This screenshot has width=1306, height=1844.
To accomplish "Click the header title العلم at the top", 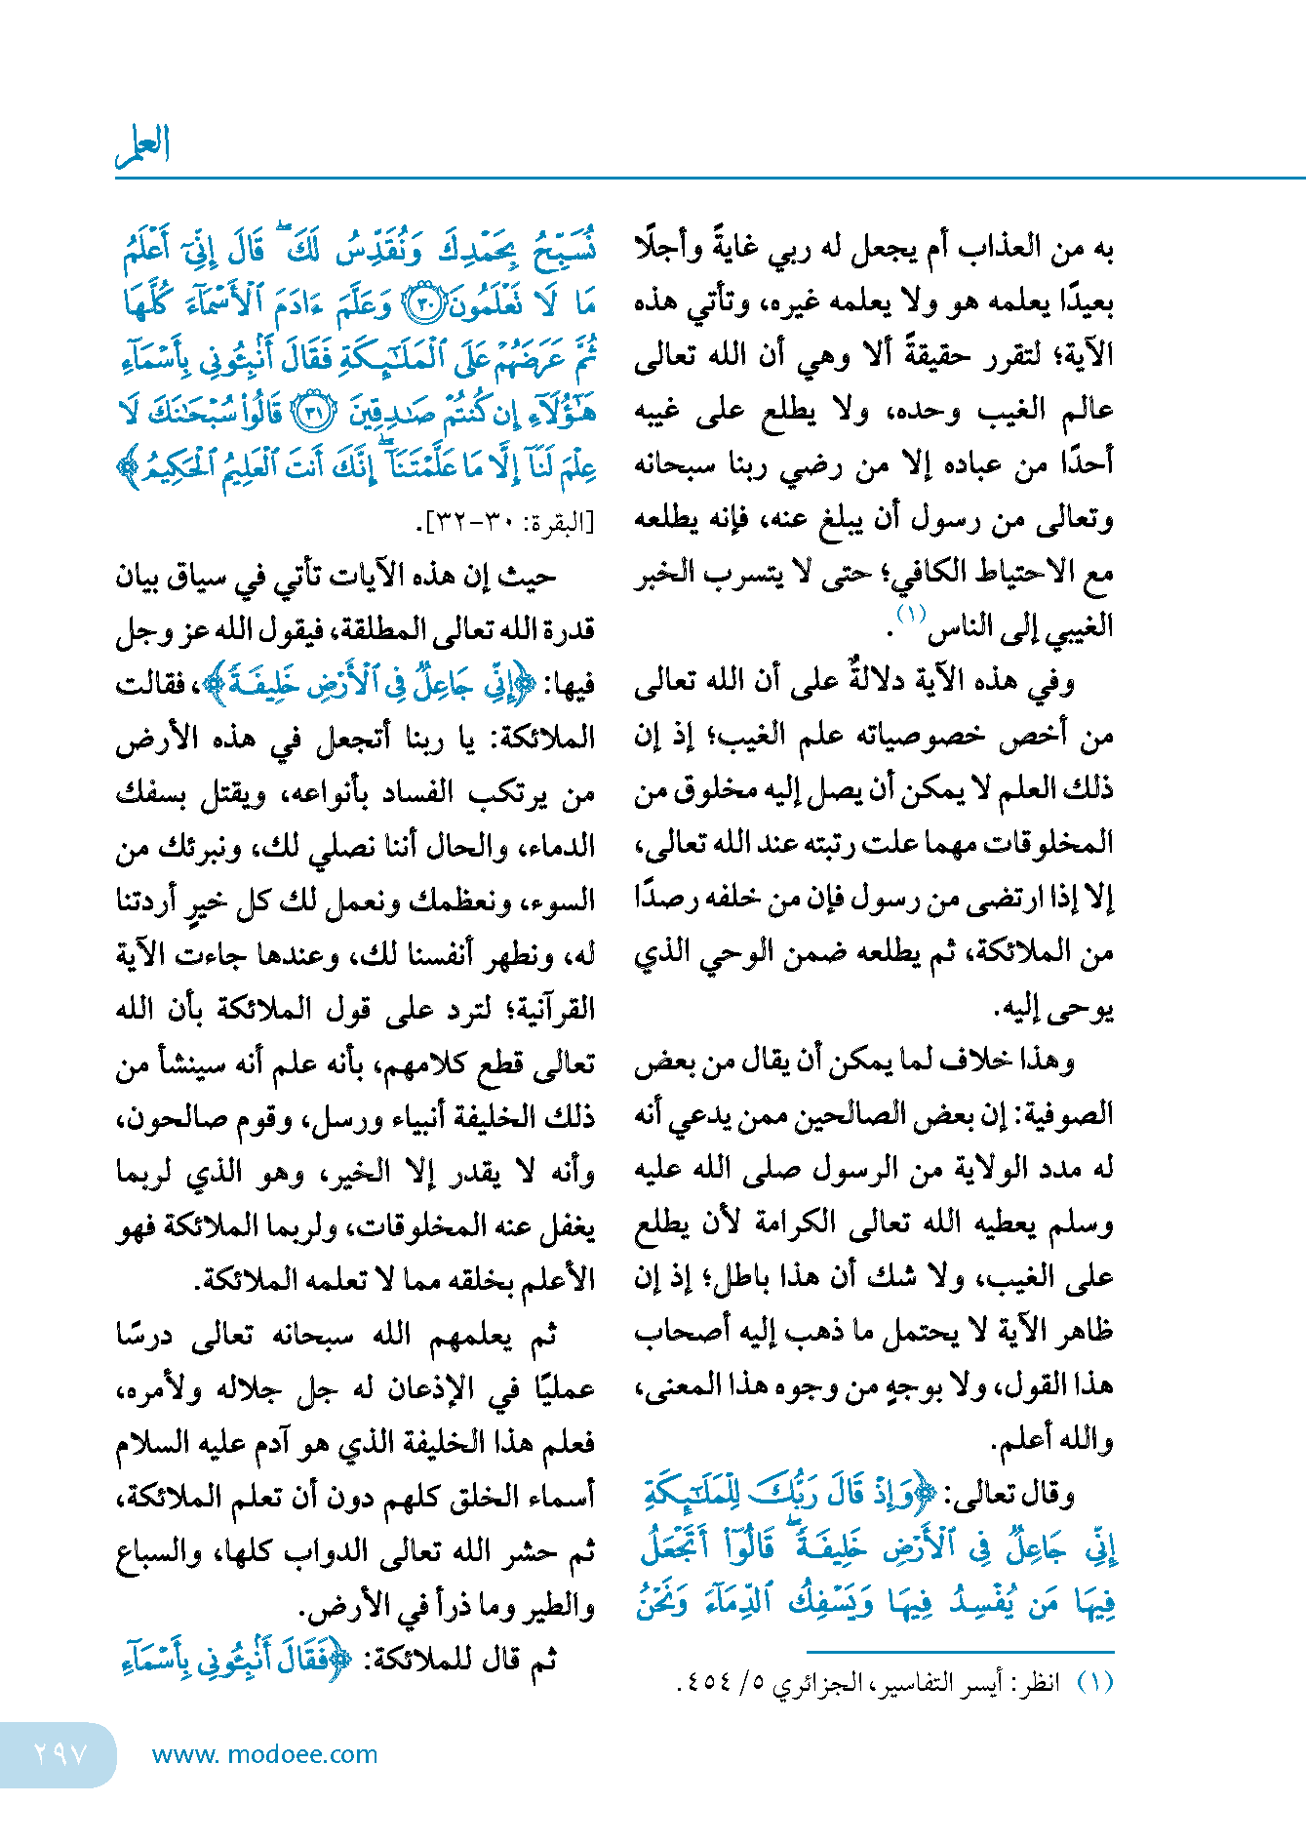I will [x=143, y=145].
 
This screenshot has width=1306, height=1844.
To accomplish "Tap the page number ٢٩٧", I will [x=60, y=1754].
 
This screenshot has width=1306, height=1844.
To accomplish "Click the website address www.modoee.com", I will [x=264, y=1754].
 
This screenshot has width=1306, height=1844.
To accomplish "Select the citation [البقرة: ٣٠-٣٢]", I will [x=507, y=524].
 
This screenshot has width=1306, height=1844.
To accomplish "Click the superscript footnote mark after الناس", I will [x=910, y=614].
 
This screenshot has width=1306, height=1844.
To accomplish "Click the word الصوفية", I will [x=1064, y=1114].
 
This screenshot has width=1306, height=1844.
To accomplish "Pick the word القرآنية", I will [x=546, y=1009].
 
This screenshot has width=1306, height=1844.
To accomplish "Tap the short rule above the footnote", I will [x=960, y=1652].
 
